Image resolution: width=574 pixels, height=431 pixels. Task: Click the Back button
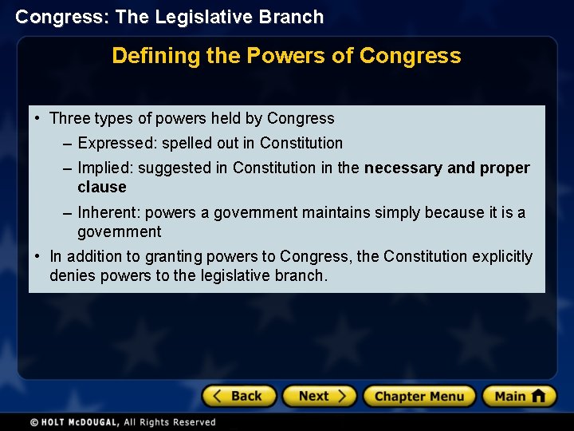pyautogui.click(x=238, y=396)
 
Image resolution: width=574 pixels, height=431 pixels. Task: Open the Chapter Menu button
pyautogui.click(x=419, y=396)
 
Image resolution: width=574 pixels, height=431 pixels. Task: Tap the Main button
pyautogui.click(x=519, y=396)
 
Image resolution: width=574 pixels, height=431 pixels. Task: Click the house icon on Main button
pyautogui.click(x=538, y=396)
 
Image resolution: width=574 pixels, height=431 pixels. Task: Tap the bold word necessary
pyautogui.click(x=403, y=168)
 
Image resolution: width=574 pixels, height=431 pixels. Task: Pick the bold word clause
pyautogui.click(x=102, y=188)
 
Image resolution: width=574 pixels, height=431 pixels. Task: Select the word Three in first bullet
pyautogui.click(x=69, y=119)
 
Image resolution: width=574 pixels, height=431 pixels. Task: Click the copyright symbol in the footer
pyautogui.click(x=34, y=422)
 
